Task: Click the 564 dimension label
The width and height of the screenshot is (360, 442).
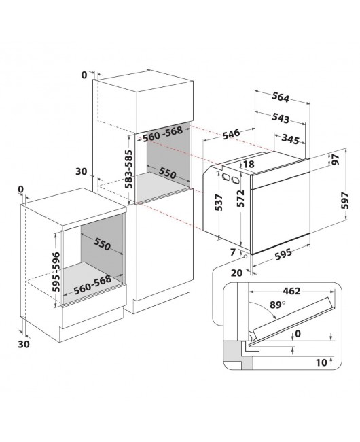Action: pyautogui.click(x=281, y=97)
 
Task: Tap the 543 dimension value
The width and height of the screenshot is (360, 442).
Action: pyautogui.click(x=281, y=118)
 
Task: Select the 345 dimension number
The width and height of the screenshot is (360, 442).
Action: pyautogui.click(x=290, y=139)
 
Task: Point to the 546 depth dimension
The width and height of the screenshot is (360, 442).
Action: pyautogui.click(x=231, y=133)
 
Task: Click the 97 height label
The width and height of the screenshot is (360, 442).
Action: pyautogui.click(x=335, y=160)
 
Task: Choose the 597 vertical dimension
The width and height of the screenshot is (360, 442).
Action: pyautogui.click(x=344, y=201)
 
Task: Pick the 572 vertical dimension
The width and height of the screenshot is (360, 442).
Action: pyautogui.click(x=240, y=199)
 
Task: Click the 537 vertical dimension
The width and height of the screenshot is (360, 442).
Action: pyautogui.click(x=219, y=203)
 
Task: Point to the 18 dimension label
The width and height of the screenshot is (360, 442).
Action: pyautogui.click(x=249, y=164)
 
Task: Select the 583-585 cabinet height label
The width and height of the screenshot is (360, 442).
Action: pyautogui.click(x=129, y=169)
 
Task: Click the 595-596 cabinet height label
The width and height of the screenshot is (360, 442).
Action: pyautogui.click(x=56, y=272)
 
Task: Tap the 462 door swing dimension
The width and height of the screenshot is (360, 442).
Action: pyautogui.click(x=291, y=291)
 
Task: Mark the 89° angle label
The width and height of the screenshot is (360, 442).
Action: pyautogui.click(x=278, y=305)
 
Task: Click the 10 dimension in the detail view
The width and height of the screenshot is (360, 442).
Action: pyautogui.click(x=321, y=362)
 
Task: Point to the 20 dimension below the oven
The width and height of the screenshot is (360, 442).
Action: pyautogui.click(x=236, y=273)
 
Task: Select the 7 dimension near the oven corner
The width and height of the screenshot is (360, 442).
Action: pyautogui.click(x=233, y=252)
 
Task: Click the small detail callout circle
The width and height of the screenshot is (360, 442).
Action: pyautogui.click(x=245, y=256)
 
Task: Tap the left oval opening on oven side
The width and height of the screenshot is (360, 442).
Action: pyautogui.click(x=226, y=177)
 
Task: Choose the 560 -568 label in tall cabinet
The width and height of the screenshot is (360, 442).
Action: pyautogui.click(x=163, y=134)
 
